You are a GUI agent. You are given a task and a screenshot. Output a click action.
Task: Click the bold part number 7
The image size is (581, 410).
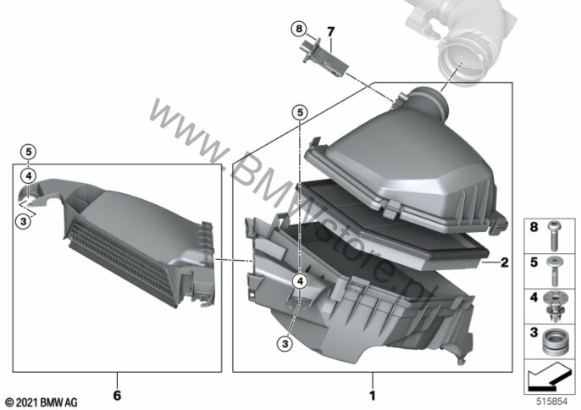(x=330, y=32)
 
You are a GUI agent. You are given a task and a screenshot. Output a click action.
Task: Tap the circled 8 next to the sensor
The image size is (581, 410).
(x=299, y=29)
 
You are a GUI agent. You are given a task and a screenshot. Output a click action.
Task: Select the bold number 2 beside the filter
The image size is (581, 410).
(x=504, y=263)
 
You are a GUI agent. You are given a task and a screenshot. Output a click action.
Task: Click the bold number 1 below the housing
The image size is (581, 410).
(x=373, y=396)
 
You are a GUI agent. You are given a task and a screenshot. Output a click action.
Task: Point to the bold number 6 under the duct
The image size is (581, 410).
(x=117, y=395)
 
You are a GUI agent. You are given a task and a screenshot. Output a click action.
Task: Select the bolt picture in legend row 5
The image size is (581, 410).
(x=554, y=271)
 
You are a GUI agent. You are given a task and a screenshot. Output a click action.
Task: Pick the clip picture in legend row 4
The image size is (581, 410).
(x=554, y=307)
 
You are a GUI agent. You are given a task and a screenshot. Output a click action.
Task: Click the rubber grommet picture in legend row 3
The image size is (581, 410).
(x=554, y=341)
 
